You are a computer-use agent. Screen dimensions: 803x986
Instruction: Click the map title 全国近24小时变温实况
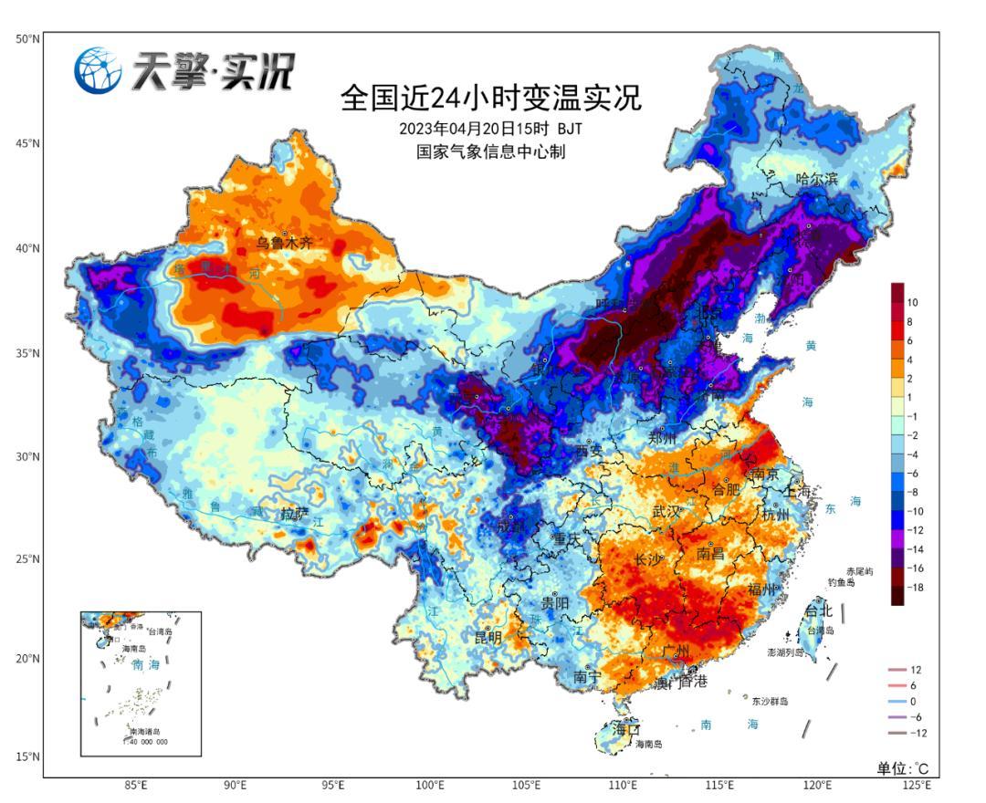coord(491,97)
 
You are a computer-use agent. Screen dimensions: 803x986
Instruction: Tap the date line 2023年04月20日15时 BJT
coord(491,128)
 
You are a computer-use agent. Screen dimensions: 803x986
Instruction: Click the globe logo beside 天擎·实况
coord(98,69)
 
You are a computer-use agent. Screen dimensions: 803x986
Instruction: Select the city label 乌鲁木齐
coord(284,243)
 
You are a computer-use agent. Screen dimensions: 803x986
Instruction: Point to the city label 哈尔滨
coord(816,179)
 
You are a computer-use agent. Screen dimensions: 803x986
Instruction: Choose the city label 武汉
coord(666,512)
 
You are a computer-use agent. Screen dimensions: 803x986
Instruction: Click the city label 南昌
coord(714,553)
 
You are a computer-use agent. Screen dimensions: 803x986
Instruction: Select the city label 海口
coord(626,730)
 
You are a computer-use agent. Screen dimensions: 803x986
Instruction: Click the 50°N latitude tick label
coord(27,39)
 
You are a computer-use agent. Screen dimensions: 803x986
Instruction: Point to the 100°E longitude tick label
coord(430,786)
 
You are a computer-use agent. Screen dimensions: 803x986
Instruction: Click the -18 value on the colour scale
coord(916,588)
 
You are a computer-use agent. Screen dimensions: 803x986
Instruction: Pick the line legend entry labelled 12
coord(916,670)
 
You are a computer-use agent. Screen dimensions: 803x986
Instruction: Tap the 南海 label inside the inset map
coord(139,665)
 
